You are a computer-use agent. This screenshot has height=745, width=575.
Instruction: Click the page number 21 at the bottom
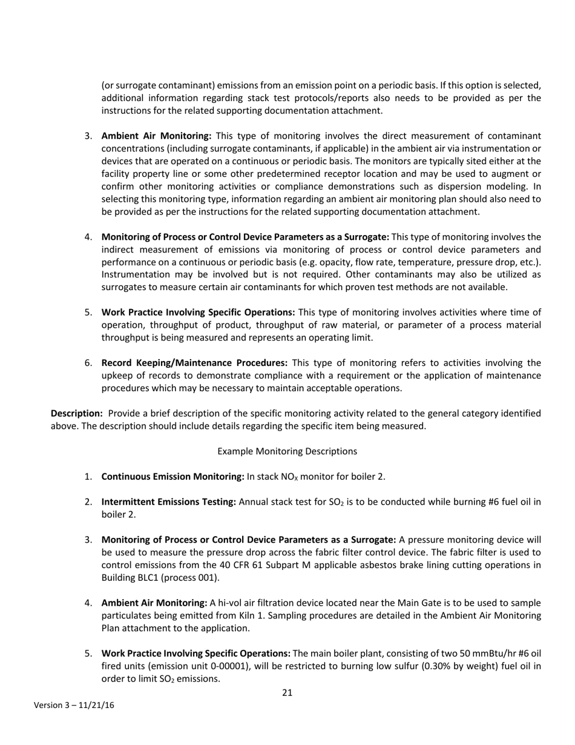(x=287, y=692)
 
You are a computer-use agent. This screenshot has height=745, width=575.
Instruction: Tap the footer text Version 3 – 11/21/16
(x=74, y=705)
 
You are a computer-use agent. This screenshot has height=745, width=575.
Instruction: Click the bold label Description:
(x=77, y=413)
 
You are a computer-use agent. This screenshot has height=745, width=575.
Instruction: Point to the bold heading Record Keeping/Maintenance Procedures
(x=194, y=363)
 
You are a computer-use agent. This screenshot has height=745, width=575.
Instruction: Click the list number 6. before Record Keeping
(x=88, y=363)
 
